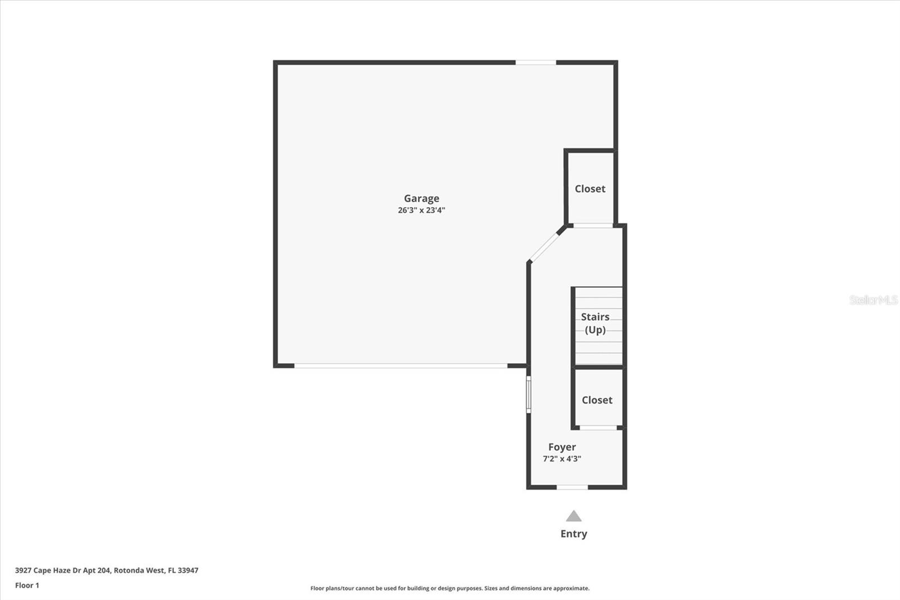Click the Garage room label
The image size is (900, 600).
click(421, 198)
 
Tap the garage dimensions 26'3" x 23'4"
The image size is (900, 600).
click(421, 211)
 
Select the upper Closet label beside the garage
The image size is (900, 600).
click(590, 189)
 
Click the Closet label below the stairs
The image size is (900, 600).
click(597, 400)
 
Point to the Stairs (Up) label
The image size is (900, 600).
click(595, 323)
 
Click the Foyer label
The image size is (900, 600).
click(562, 447)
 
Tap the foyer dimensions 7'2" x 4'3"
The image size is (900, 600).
click(562, 459)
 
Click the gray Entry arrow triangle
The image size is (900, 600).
click(573, 516)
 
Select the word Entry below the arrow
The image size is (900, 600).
click(573, 534)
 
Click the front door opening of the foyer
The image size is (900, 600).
click(572, 487)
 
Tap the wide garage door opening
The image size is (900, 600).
click(400, 366)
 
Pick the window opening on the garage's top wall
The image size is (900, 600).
click(535, 62)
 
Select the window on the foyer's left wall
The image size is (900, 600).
click(528, 394)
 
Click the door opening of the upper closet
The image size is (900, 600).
click(593, 226)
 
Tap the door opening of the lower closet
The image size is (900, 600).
click(598, 428)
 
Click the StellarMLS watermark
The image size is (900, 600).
click(874, 300)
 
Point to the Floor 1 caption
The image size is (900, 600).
click(27, 585)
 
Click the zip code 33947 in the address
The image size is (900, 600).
click(188, 570)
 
